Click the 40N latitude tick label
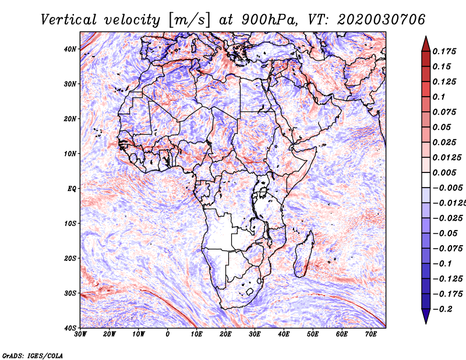tap(70, 49)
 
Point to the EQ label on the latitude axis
tap(72, 189)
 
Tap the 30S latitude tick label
tap(70, 293)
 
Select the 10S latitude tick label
tap(70, 223)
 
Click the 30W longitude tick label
tap(80, 334)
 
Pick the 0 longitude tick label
tap(168, 334)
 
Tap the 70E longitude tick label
tap(370, 334)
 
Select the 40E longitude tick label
tap(284, 334)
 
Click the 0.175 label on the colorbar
tap(444, 51)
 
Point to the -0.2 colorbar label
tap(443, 309)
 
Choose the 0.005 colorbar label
tap(444, 172)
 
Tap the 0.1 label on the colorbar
tap(439, 97)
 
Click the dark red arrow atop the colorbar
tap(426, 45)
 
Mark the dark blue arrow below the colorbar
tap(426, 316)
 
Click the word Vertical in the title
tap(69, 20)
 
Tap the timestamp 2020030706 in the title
tap(381, 20)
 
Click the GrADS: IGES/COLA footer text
tap(33, 355)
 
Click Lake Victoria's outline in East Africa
tap(263, 192)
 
